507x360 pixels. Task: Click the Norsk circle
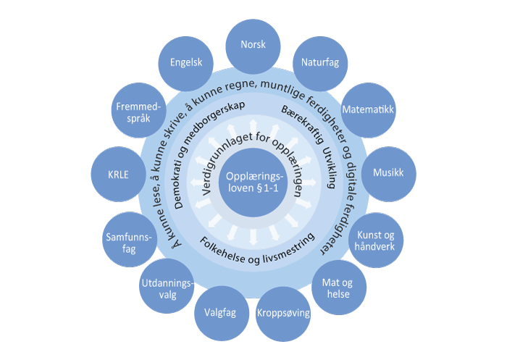pos(253,44)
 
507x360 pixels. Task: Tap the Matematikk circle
pos(368,112)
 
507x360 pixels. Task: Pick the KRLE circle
pos(119,175)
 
